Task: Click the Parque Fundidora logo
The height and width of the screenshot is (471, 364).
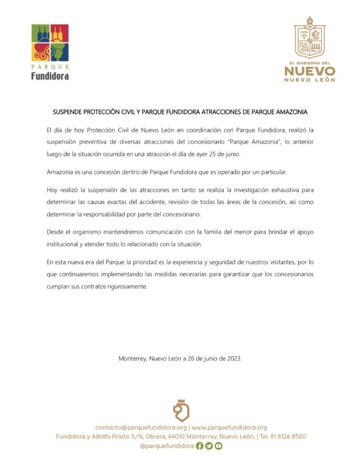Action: [x=50, y=52]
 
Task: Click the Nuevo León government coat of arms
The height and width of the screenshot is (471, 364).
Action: [x=310, y=37]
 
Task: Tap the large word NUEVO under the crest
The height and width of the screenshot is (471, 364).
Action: [x=310, y=71]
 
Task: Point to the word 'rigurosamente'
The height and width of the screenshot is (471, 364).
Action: [x=127, y=286]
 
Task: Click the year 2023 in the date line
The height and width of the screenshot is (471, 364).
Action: [x=234, y=359]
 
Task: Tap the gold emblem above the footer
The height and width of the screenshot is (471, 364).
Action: [x=182, y=410]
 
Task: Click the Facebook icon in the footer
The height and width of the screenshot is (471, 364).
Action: [x=200, y=445]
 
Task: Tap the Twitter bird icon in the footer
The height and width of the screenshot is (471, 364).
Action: [x=209, y=445]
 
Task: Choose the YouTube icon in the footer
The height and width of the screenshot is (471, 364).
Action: [x=218, y=445]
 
